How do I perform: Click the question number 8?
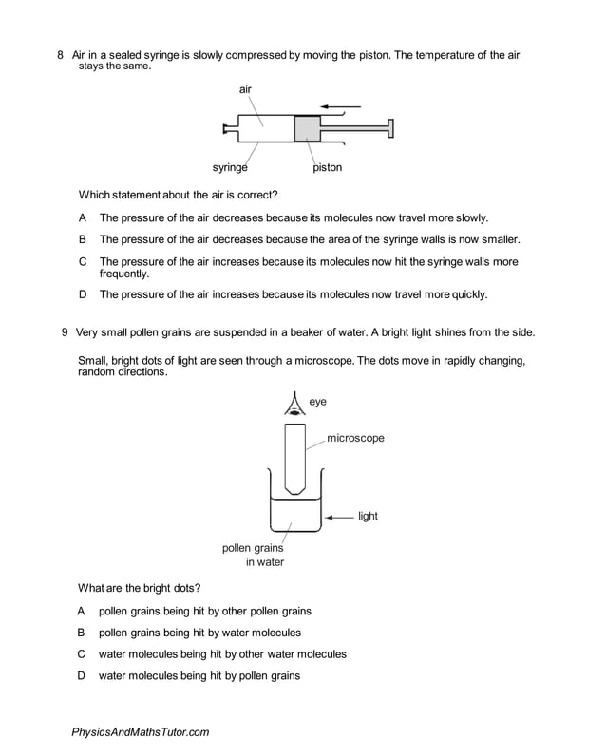[61, 55]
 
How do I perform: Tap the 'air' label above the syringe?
[245, 88]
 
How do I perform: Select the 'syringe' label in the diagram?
[230, 167]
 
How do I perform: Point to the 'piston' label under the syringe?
[327, 167]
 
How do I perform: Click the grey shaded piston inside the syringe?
[308, 128]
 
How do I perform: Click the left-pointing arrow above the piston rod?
[341, 104]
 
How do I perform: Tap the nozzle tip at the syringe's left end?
[224, 128]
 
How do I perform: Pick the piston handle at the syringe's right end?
[390, 128]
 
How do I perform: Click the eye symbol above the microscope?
[294, 405]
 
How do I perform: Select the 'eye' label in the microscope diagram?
[318, 402]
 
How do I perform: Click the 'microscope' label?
[355, 438]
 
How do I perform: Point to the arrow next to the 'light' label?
[338, 517]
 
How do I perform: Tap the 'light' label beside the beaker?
[368, 517]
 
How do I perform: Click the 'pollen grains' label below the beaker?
[252, 547]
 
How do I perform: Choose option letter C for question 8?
[83, 261]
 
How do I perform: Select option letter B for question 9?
[82, 632]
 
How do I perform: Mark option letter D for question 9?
[82, 675]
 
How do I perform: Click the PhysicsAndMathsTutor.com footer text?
[140, 732]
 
